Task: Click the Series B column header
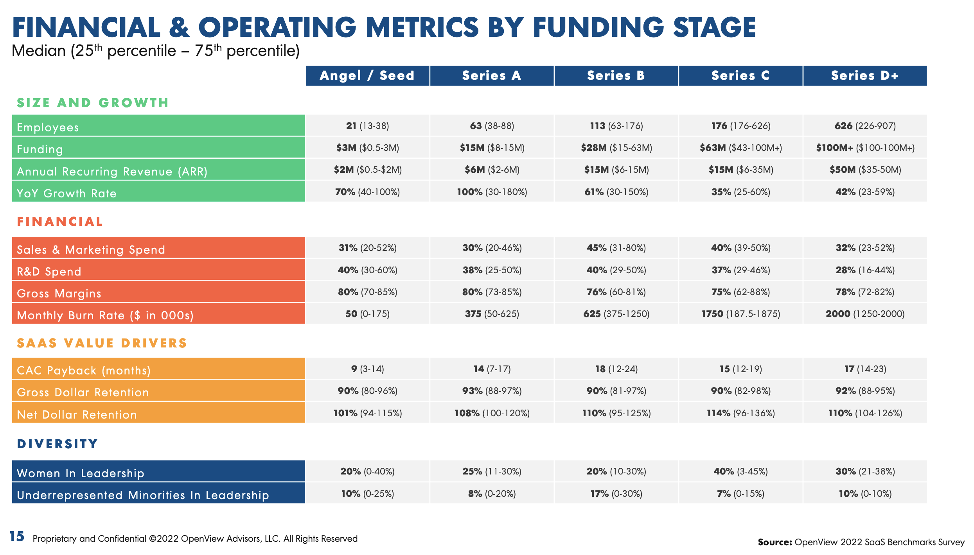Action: coord(616,75)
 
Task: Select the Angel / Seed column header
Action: coord(367,75)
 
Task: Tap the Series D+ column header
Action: coord(865,75)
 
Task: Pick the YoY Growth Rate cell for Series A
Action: coord(492,192)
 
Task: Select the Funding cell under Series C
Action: coord(741,148)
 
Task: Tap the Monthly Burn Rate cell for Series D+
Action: coord(865,314)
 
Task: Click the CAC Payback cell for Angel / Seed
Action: coord(368,369)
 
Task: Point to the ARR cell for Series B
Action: coord(616,170)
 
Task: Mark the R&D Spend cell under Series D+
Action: coord(865,270)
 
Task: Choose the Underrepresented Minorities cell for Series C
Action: coord(741,494)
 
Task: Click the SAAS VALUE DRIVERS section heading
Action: coord(102,343)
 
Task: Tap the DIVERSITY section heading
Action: coord(58,444)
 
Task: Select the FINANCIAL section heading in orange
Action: coord(60,222)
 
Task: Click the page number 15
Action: coord(17,537)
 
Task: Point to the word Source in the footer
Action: coord(775,542)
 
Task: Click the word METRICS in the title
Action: coord(422,27)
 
